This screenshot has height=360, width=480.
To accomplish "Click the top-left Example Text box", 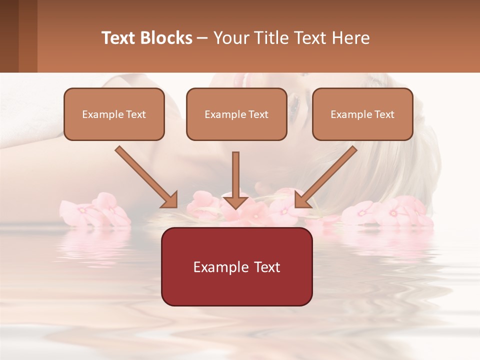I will point(114,114).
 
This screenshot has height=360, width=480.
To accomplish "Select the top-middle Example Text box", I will point(236,114).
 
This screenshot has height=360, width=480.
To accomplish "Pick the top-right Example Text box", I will point(362,114).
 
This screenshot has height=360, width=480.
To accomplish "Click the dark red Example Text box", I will point(236,266).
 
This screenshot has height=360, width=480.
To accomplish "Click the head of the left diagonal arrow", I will point(169,199).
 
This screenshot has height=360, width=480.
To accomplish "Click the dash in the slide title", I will point(202,38).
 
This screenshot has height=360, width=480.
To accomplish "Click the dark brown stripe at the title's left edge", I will point(9,36).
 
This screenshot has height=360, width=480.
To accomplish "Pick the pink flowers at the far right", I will point(390,212).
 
